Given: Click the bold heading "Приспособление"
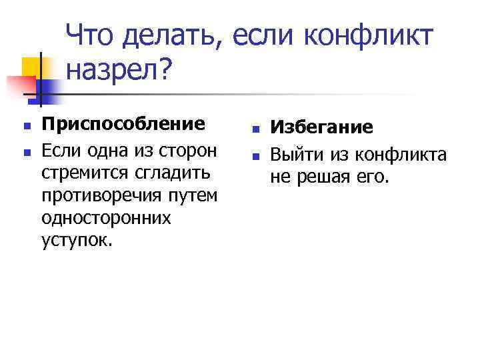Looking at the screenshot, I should coord(123,124).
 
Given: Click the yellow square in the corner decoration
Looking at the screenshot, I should coord(33,67).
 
